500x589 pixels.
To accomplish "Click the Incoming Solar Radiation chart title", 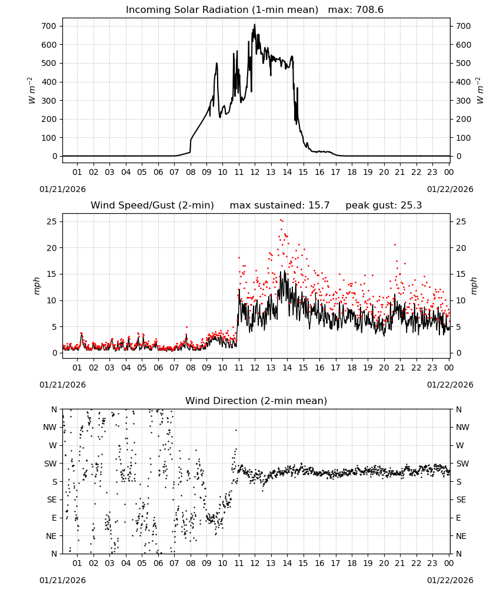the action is point(222,9).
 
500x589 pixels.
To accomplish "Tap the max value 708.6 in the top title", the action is point(369,9).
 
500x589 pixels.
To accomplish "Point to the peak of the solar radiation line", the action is point(255,24).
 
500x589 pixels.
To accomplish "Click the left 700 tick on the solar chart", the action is point(49,27).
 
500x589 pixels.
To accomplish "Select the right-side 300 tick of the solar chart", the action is point(464,101).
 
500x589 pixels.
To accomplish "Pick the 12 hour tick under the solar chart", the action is point(255,172).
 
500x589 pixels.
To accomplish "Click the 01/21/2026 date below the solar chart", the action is point(62,189).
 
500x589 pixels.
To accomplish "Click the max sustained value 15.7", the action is point(319,205).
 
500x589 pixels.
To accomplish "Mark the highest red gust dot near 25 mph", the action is point(281,220).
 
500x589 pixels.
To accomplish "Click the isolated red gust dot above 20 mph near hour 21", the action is point(395,244).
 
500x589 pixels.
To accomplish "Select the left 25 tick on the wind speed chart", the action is point(52,221).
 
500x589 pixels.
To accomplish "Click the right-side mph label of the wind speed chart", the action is point(474,286).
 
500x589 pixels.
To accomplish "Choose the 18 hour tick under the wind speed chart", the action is point(351,368).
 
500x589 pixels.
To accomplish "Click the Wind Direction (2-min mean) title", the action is point(256,401).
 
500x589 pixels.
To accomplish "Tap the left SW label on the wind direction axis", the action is point(50,464).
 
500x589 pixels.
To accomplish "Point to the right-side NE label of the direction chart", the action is point(461,536).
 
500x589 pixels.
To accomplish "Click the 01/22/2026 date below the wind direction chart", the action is point(450,580).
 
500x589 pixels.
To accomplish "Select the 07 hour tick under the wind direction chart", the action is point(174,563).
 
